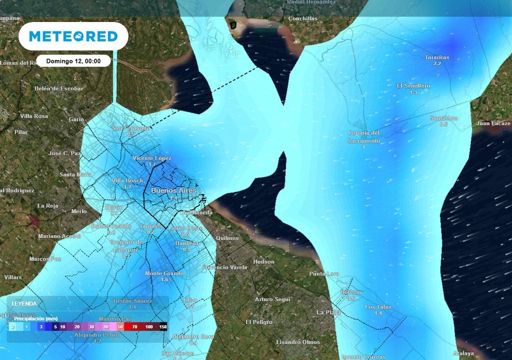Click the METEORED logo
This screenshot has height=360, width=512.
pyautogui.click(x=73, y=36)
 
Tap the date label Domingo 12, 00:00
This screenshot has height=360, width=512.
pyautogui.click(x=73, y=61)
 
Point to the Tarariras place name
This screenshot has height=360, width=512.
pyautogui.click(x=437, y=57)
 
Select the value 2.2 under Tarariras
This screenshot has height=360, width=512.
pyautogui.click(x=437, y=63)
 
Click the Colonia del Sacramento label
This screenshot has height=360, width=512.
pyautogui.click(x=363, y=136)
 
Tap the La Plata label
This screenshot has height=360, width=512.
pyautogui.click(x=328, y=312)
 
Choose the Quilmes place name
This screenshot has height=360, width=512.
pyautogui.click(x=227, y=238)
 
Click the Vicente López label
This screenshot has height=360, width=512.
pyautogui.click(x=152, y=158)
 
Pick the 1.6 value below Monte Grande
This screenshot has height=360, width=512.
pyautogui.click(x=164, y=279)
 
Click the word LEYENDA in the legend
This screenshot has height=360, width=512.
pyautogui.click(x=24, y=303)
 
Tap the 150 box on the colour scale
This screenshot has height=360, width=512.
pyautogui.click(x=162, y=326)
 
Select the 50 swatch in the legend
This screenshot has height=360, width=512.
pyautogui.click(x=120, y=326)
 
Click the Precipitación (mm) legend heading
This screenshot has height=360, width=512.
pyautogui.click(x=35, y=318)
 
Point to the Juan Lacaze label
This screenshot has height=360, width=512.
pyautogui.click(x=493, y=123)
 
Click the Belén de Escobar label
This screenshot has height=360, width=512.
pyautogui.click(x=58, y=88)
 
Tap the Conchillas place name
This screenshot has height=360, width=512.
pyautogui.click(x=303, y=19)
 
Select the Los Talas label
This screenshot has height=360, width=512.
pyautogui.click(x=378, y=306)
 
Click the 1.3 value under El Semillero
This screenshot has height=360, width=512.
pyautogui.click(x=413, y=92)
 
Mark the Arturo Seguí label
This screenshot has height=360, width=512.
pyautogui.click(x=272, y=299)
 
